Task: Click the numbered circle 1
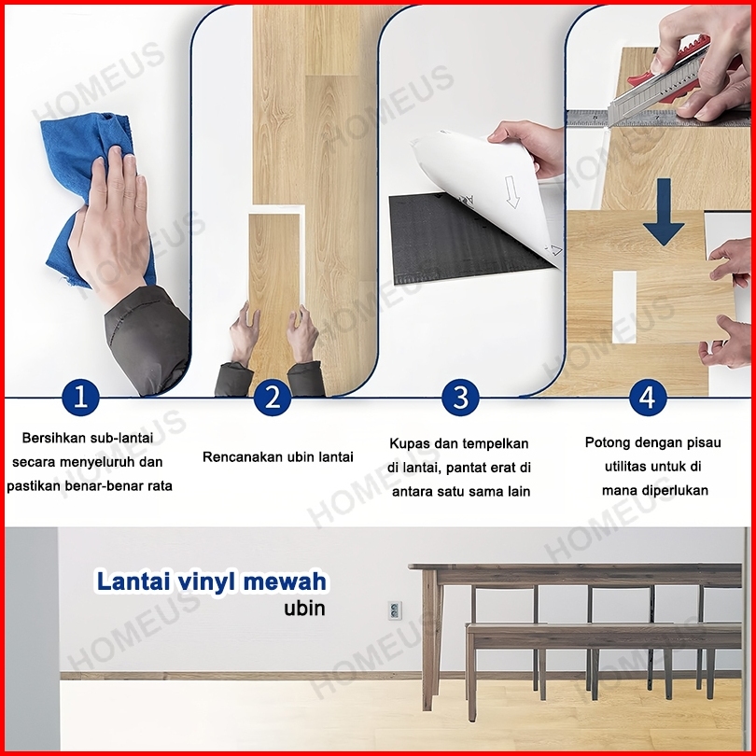(x=80, y=398)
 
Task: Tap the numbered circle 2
(x=273, y=398)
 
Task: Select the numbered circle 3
(x=460, y=398)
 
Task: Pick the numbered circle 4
(x=648, y=398)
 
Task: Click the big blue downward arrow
(x=664, y=212)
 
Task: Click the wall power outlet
(x=395, y=610)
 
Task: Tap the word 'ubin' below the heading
(x=304, y=608)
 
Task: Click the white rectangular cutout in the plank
(x=624, y=307)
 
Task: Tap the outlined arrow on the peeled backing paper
(x=512, y=192)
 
